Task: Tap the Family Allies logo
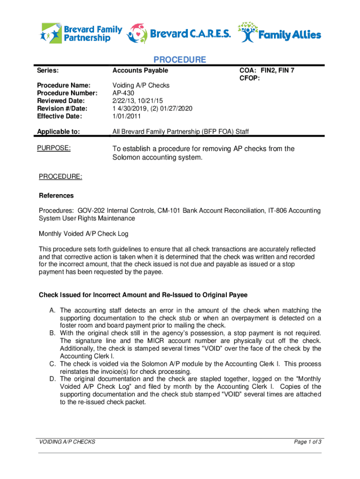(x=280, y=33)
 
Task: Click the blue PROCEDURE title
(x=180, y=60)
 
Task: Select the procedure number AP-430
(x=123, y=93)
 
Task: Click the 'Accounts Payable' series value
(x=140, y=71)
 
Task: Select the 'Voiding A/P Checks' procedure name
(x=141, y=86)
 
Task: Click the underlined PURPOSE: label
(x=54, y=148)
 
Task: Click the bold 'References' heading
(x=56, y=196)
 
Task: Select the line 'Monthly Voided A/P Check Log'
(x=83, y=233)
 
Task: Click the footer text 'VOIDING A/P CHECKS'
(x=67, y=442)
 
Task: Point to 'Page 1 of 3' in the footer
(x=307, y=442)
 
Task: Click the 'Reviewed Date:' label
(x=61, y=101)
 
